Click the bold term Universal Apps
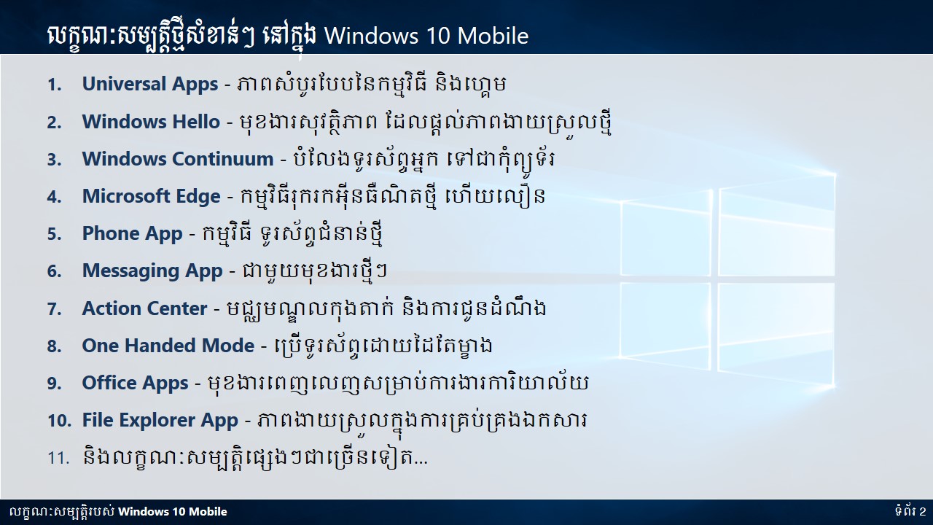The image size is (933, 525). [x=150, y=85]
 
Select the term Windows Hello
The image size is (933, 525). [x=151, y=122]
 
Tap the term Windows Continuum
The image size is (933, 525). [x=177, y=159]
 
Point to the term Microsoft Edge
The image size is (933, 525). [x=151, y=197]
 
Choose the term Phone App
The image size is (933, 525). [x=133, y=234]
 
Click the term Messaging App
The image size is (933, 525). [x=152, y=271]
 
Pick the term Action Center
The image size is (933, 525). [x=144, y=308]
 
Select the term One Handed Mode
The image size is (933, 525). [x=168, y=346]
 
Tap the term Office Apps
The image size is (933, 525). [x=136, y=384]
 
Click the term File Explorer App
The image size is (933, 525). [x=160, y=421]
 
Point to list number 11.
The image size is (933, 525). [x=58, y=459]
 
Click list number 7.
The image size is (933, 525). [x=55, y=309]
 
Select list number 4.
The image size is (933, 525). [x=55, y=197]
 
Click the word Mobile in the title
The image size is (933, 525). [x=493, y=36]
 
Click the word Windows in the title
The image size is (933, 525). [x=372, y=36]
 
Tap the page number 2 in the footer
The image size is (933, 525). [x=922, y=511]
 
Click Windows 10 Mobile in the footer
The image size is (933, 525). [x=173, y=512]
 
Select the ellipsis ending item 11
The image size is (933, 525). [x=421, y=462]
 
